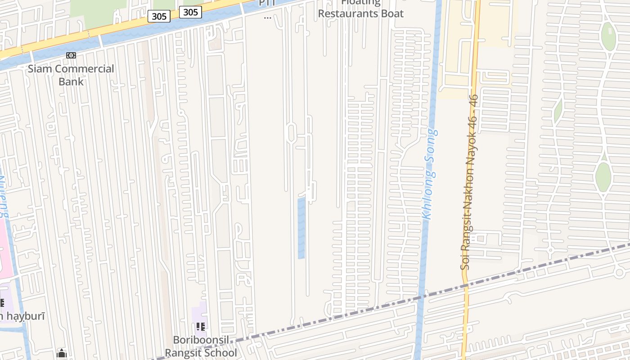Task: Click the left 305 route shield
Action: pyautogui.click(x=159, y=17)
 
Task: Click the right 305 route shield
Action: pyautogui.click(x=190, y=12)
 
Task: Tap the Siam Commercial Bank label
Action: pyautogui.click(x=71, y=75)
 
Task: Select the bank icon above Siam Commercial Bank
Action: pyautogui.click(x=71, y=55)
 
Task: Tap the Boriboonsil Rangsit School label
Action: pyautogui.click(x=201, y=346)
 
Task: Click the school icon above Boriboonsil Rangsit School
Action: pyautogui.click(x=201, y=326)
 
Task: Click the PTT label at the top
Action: pyautogui.click(x=267, y=4)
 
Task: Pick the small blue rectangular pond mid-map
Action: pyautogui.click(x=301, y=227)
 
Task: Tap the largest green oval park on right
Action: pyautogui.click(x=603, y=177)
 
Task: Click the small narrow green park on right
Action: pyautogui.click(x=558, y=110)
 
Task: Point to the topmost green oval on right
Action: pyautogui.click(x=608, y=36)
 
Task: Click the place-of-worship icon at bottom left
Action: pyautogui.click(x=62, y=354)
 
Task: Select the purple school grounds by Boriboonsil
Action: pyautogui.click(x=200, y=315)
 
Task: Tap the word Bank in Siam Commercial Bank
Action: pyautogui.click(x=71, y=81)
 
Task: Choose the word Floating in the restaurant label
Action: pyautogui.click(x=360, y=3)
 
